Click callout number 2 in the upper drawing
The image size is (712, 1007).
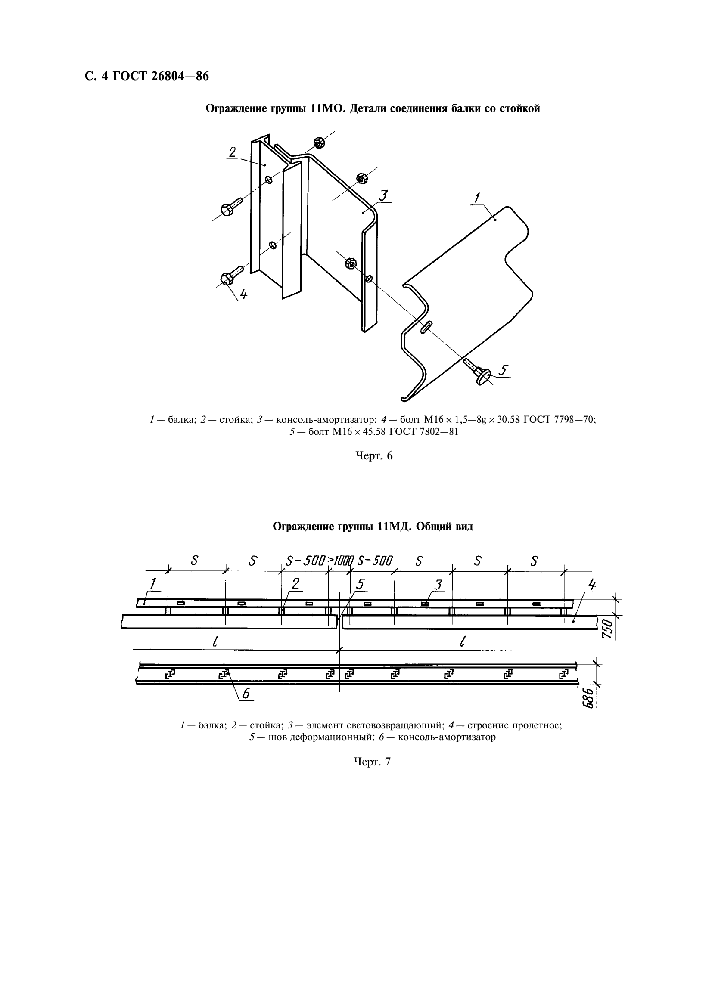point(232,152)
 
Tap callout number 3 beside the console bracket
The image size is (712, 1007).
point(384,195)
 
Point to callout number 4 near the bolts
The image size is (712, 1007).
point(244,294)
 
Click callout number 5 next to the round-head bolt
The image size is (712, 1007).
point(503,370)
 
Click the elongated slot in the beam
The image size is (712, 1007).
point(426,327)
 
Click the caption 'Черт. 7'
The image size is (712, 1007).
point(372,762)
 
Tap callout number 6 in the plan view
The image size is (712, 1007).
point(246,694)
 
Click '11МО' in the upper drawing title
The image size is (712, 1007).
point(325,108)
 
